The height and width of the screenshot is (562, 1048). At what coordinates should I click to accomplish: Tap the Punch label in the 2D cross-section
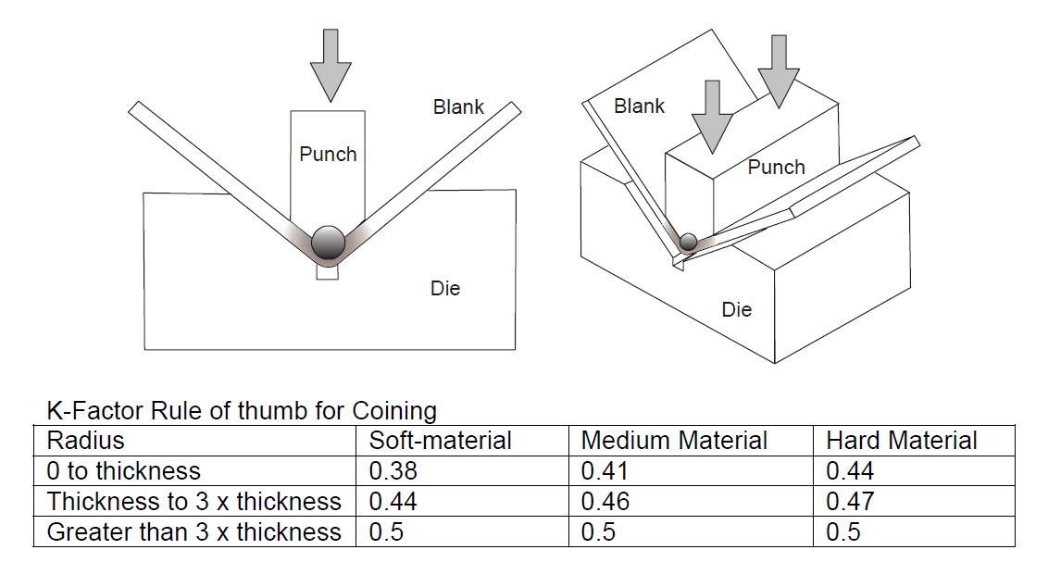[x=328, y=154]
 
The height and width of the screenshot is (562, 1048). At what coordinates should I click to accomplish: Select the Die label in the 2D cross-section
[x=444, y=289]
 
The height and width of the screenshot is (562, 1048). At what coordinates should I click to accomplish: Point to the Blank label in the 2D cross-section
[x=458, y=106]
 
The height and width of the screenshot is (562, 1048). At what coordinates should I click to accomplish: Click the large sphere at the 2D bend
[x=328, y=242]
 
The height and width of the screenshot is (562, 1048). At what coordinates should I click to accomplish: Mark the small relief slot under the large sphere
[x=328, y=272]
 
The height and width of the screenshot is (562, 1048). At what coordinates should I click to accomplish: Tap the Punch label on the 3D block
[x=776, y=167]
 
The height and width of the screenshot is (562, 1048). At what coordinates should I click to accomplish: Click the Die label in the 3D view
[x=737, y=309]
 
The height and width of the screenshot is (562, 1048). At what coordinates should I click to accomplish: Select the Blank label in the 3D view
[x=639, y=106]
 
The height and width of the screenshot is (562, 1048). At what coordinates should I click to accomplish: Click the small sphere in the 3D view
[x=688, y=243]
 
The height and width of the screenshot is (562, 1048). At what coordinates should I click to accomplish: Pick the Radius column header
[x=85, y=440]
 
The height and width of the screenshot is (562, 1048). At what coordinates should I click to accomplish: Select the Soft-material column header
[x=440, y=440]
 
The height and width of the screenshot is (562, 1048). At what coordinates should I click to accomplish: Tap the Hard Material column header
[x=901, y=440]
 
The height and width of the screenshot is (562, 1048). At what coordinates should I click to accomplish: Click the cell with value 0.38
[x=393, y=470]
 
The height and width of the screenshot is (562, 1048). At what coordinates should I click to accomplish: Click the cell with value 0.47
[x=849, y=501]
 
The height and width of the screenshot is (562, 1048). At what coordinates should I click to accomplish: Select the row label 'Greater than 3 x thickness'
[x=193, y=531]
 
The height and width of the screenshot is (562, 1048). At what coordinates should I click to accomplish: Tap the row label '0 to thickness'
[x=123, y=470]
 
